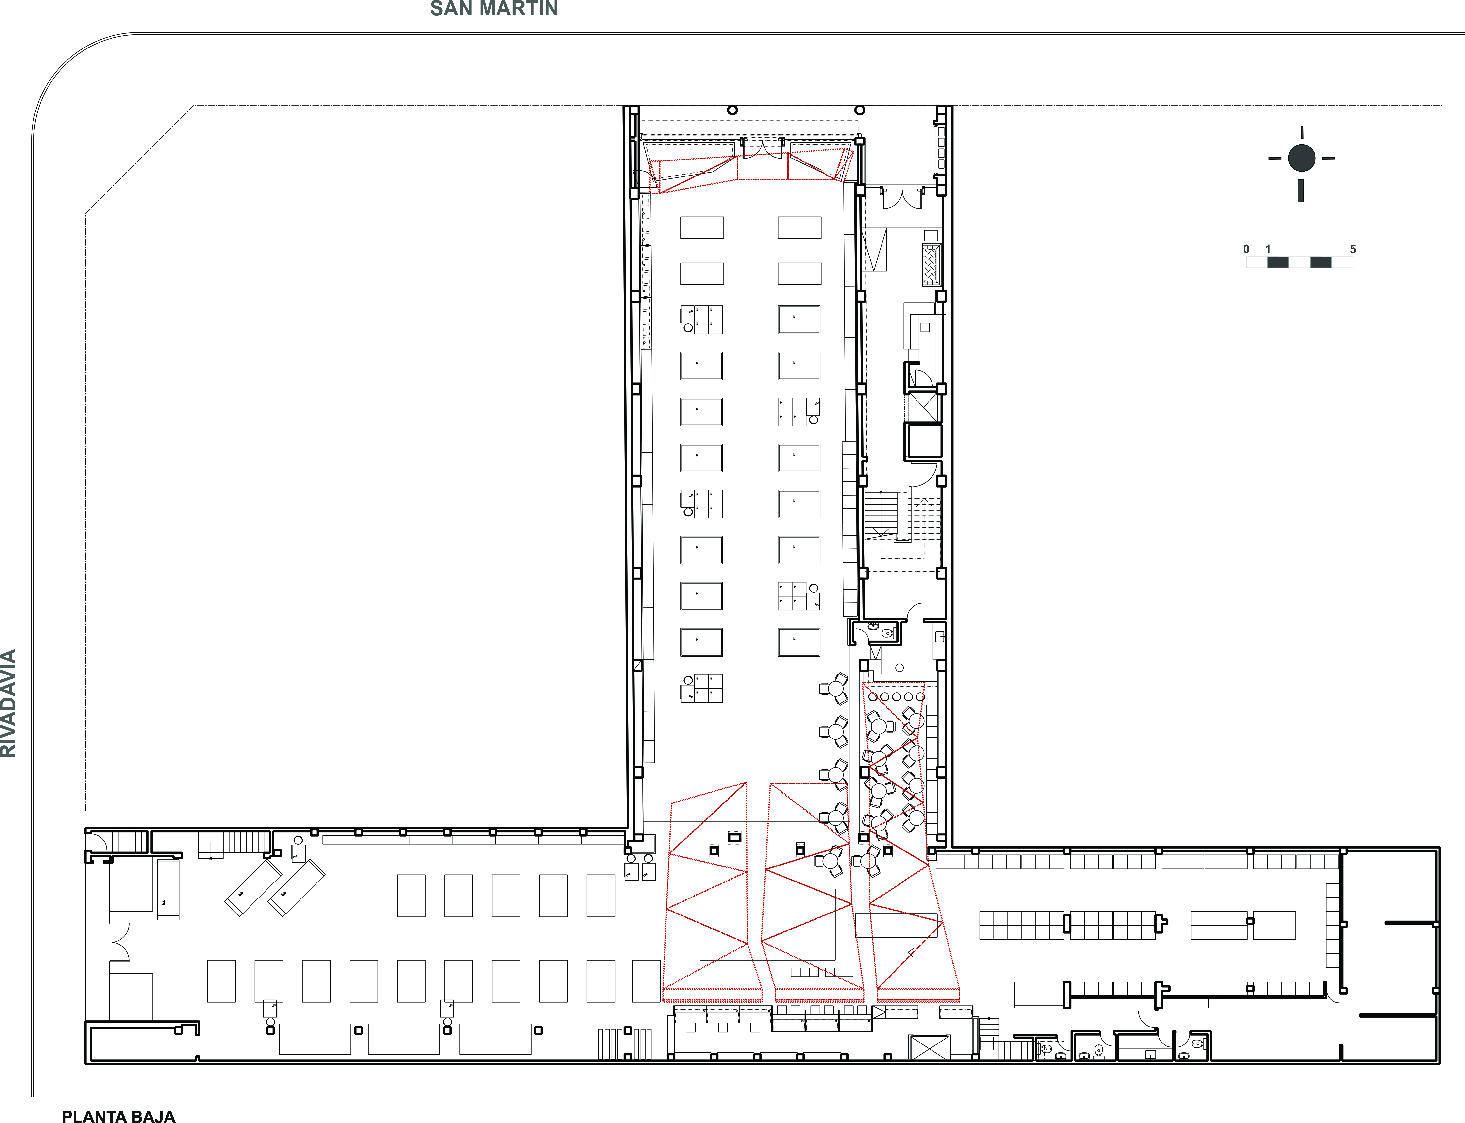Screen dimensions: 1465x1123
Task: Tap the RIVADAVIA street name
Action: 8,703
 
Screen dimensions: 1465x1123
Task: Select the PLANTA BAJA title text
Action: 118,1116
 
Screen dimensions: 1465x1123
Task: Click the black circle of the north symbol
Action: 1301,159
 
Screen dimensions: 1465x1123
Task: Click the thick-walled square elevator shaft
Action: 923,440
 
